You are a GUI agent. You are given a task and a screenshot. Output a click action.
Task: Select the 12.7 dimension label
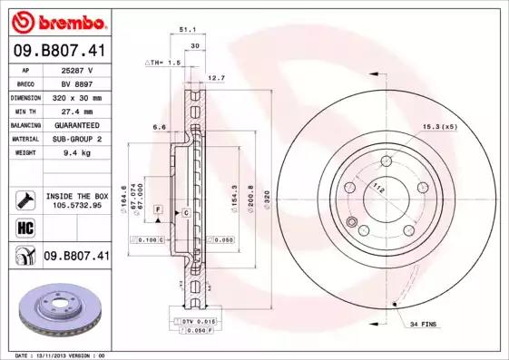(216, 78)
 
